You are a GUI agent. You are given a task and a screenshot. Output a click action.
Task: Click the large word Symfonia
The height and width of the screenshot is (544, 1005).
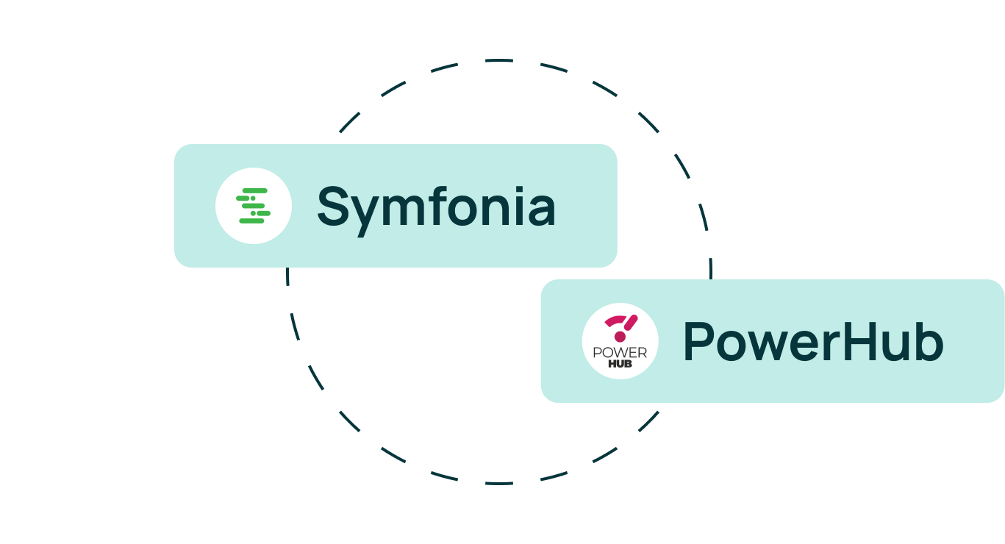click(x=436, y=207)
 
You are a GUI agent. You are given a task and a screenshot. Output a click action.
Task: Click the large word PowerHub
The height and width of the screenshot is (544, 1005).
click(x=812, y=342)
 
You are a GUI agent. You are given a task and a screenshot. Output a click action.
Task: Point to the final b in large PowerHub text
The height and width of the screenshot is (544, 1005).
click(x=929, y=342)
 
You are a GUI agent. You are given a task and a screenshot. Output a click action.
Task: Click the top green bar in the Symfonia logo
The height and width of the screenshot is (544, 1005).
click(x=254, y=191)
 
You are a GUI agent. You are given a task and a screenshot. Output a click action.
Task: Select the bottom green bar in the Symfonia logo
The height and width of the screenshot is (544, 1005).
click(x=251, y=221)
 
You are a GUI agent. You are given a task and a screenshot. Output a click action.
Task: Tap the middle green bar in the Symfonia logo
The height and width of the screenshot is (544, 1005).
click(x=253, y=206)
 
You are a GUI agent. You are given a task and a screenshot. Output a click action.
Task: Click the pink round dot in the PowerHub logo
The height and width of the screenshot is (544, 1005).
click(x=620, y=337)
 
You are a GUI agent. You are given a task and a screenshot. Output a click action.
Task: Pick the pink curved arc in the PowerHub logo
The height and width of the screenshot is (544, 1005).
click(x=616, y=321)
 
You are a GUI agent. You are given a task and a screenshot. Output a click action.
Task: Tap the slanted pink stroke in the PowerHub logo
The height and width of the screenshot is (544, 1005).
click(x=632, y=322)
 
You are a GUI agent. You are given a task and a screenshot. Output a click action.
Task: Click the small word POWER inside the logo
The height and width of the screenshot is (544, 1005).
click(x=620, y=354)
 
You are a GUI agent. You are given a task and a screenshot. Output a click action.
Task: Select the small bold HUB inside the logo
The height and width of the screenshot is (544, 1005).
click(x=620, y=364)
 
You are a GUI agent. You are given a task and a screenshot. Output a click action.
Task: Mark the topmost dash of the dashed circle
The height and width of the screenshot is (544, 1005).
click(x=500, y=60)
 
